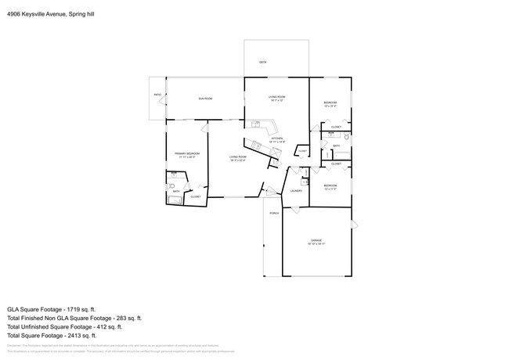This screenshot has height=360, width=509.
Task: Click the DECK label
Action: pos(263,62)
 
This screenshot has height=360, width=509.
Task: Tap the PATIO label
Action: pos(157,95)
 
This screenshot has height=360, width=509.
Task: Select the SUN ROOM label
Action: pos(205,99)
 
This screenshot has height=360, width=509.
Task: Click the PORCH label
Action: pos(274,213)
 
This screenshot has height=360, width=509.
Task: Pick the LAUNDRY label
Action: pos(296,190)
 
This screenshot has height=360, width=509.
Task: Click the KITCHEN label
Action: pos(276,139)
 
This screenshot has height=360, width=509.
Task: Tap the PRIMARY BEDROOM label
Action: pos(187,154)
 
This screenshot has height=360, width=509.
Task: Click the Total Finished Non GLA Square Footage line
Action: pos(74,319)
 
